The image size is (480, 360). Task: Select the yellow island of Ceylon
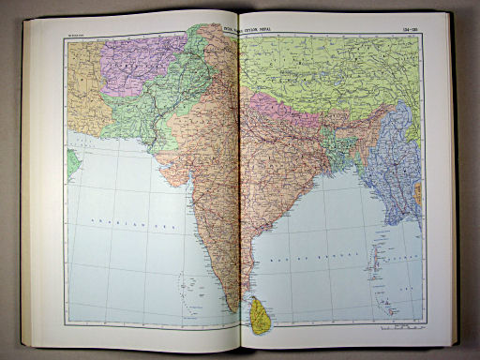point(260,314)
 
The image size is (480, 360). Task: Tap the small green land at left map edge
point(72,161)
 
